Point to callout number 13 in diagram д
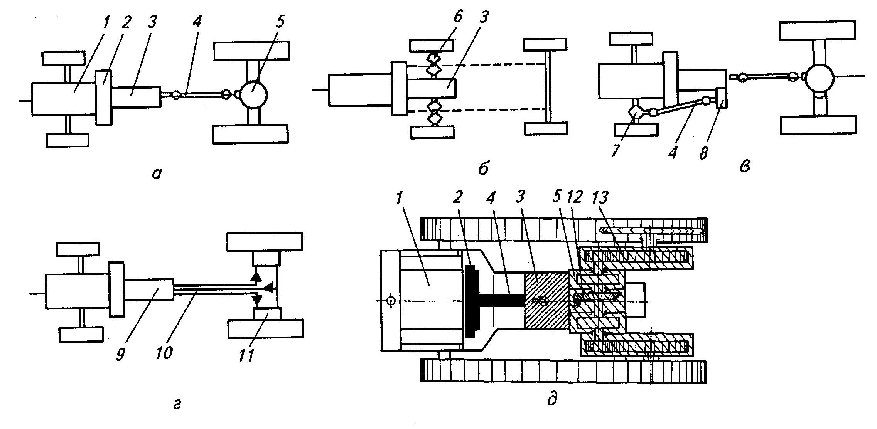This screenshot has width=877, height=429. pyautogui.click(x=600, y=198)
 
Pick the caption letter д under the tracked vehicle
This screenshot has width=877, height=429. pyautogui.click(x=552, y=400)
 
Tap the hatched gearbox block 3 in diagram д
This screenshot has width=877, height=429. pyautogui.click(x=546, y=301)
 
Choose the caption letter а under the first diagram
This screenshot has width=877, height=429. pyautogui.click(x=156, y=175)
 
